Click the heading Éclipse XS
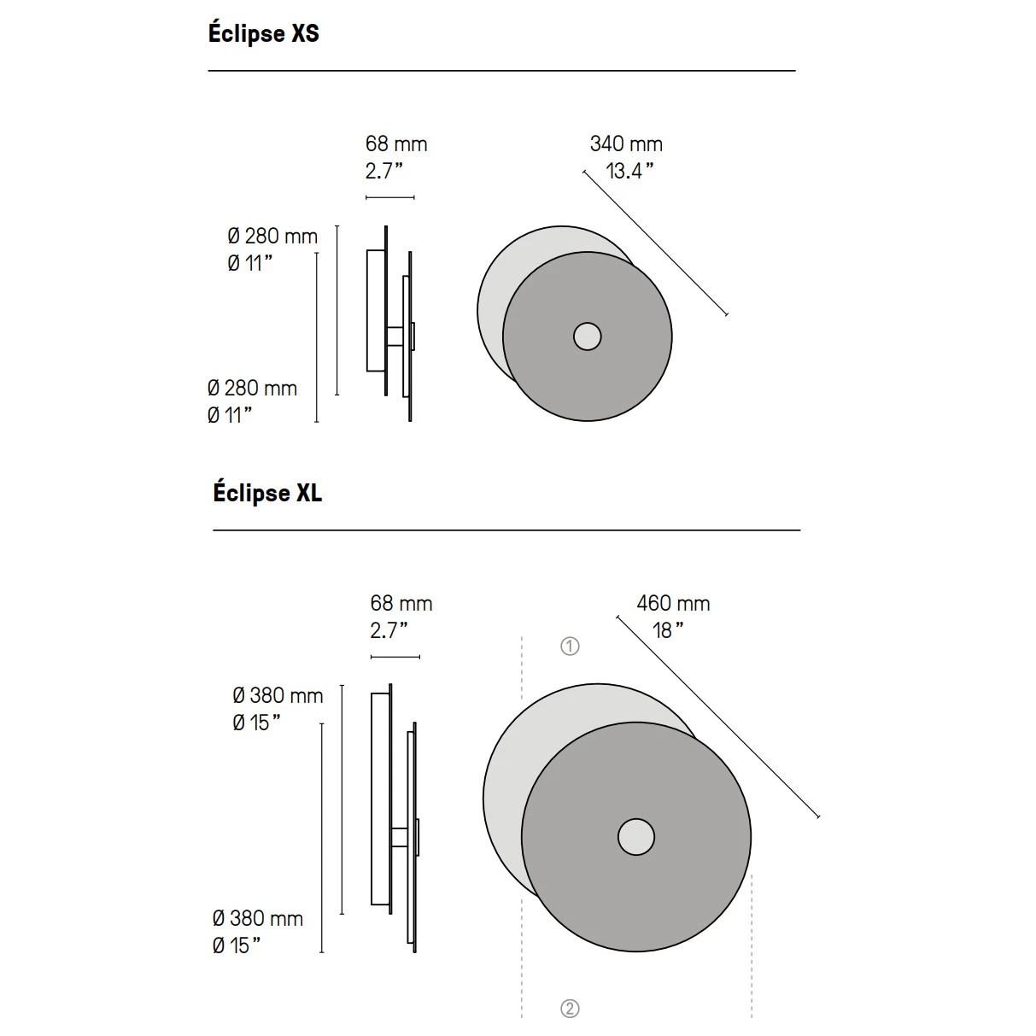(263, 33)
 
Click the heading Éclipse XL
(267, 493)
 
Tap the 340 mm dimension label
(626, 144)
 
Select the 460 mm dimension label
(673, 603)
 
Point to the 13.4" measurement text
(629, 171)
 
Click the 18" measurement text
(668, 630)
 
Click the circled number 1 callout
(570, 647)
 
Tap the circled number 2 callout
(570, 1009)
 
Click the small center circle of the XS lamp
(587, 337)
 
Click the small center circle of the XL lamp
(635, 837)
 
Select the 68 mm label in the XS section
(396, 144)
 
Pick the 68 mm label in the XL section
(401, 603)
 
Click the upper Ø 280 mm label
(272, 237)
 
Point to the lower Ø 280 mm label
(252, 388)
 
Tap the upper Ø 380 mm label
(278, 695)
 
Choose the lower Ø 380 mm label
(257, 919)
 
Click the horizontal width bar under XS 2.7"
(390, 197)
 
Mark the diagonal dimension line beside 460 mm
(717, 717)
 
